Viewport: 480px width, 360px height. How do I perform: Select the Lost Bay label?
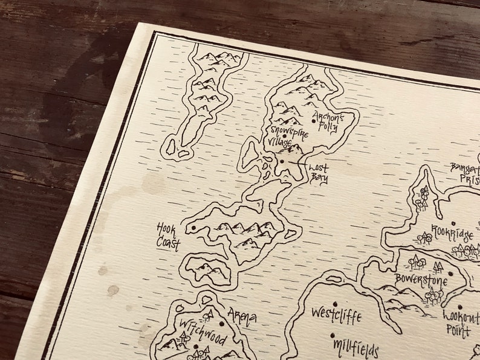click(319, 172)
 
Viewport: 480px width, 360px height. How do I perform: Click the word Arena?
click(242, 316)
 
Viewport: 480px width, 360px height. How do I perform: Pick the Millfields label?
click(356, 347)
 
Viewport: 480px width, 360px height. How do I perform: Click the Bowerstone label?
click(421, 280)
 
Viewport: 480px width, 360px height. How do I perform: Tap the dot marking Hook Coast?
click(194, 228)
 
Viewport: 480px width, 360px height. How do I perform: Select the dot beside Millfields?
click(332, 335)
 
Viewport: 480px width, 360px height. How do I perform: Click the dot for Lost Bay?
click(282, 161)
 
